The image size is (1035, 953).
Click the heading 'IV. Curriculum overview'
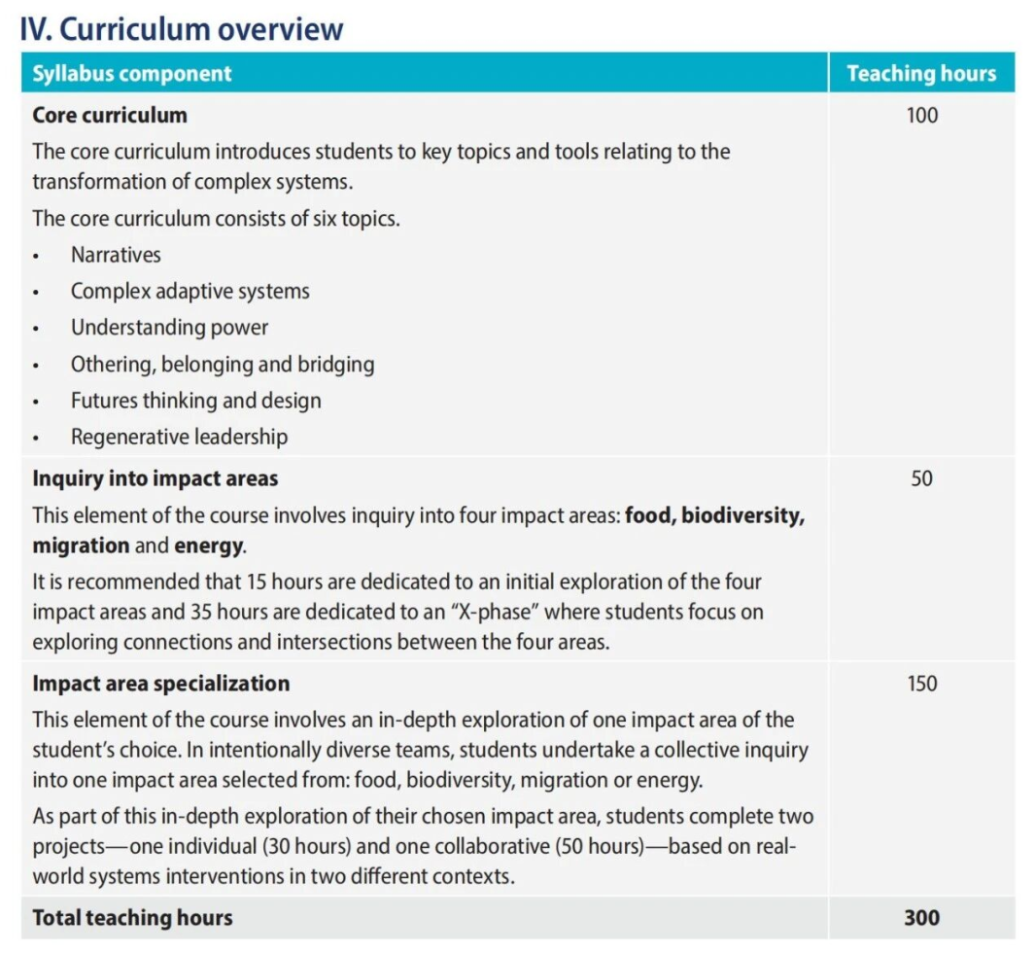click(182, 29)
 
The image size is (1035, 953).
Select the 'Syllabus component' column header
click(132, 74)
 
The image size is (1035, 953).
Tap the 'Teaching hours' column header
click(920, 74)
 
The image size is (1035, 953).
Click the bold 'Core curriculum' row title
click(110, 115)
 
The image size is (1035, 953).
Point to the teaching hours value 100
click(921, 115)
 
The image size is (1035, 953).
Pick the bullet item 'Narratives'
click(116, 255)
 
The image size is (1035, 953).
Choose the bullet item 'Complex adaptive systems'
click(190, 291)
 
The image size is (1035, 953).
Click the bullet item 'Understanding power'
click(169, 328)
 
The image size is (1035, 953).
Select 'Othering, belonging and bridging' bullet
click(223, 365)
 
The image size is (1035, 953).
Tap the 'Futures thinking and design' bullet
click(195, 401)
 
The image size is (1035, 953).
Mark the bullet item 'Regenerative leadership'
click(179, 437)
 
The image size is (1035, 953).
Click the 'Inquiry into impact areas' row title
click(155, 478)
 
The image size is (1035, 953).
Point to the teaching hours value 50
click(921, 478)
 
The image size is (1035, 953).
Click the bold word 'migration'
click(81, 546)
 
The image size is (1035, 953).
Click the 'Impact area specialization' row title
click(160, 684)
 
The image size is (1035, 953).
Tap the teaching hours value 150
click(921, 684)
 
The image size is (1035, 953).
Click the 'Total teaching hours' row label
click(132, 917)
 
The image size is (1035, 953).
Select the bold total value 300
click(921, 917)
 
